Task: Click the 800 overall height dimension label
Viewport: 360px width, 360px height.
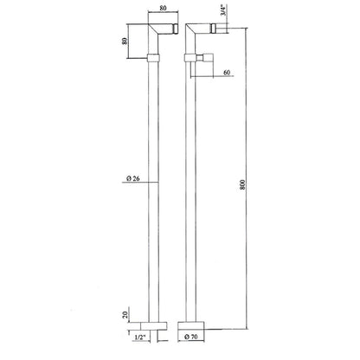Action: pyautogui.click(x=242, y=184)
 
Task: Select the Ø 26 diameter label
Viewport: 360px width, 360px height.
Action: pyautogui.click(x=133, y=178)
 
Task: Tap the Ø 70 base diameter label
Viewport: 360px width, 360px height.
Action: pyautogui.click(x=191, y=337)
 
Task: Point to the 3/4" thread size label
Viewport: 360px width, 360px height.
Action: pyautogui.click(x=223, y=10)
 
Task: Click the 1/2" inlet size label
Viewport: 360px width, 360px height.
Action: pyautogui.click(x=141, y=337)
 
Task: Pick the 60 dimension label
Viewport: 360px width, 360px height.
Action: pyautogui.click(x=227, y=72)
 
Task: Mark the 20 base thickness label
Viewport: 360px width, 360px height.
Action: pyautogui.click(x=125, y=314)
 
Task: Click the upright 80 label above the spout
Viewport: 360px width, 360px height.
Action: pyautogui.click(x=163, y=8)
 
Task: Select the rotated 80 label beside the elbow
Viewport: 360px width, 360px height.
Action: pyautogui.click(x=125, y=42)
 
